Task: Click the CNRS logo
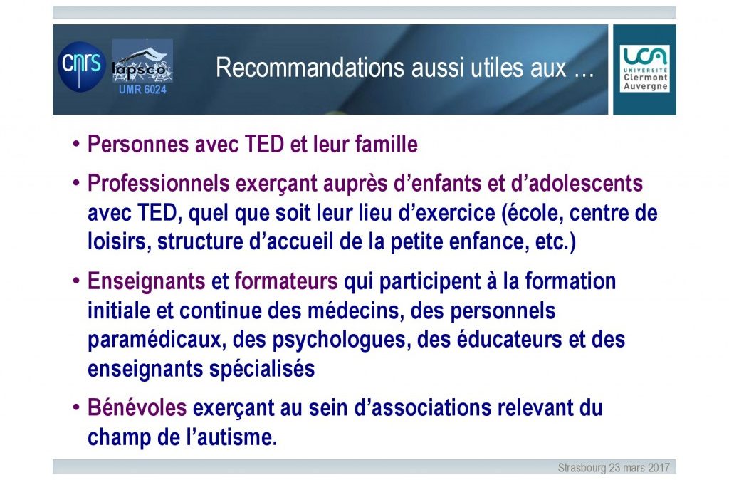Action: click(x=82, y=66)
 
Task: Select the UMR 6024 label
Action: click(x=142, y=89)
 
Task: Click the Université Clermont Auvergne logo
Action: click(x=645, y=68)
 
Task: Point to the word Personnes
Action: click(x=138, y=144)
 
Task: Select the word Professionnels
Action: click(x=159, y=183)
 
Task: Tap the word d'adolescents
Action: click(x=577, y=183)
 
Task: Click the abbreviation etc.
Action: click(x=555, y=242)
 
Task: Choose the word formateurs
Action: click(x=286, y=281)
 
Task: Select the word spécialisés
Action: click(x=262, y=370)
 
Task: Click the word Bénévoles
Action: click(x=137, y=408)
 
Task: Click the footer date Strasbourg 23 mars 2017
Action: click(x=614, y=467)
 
